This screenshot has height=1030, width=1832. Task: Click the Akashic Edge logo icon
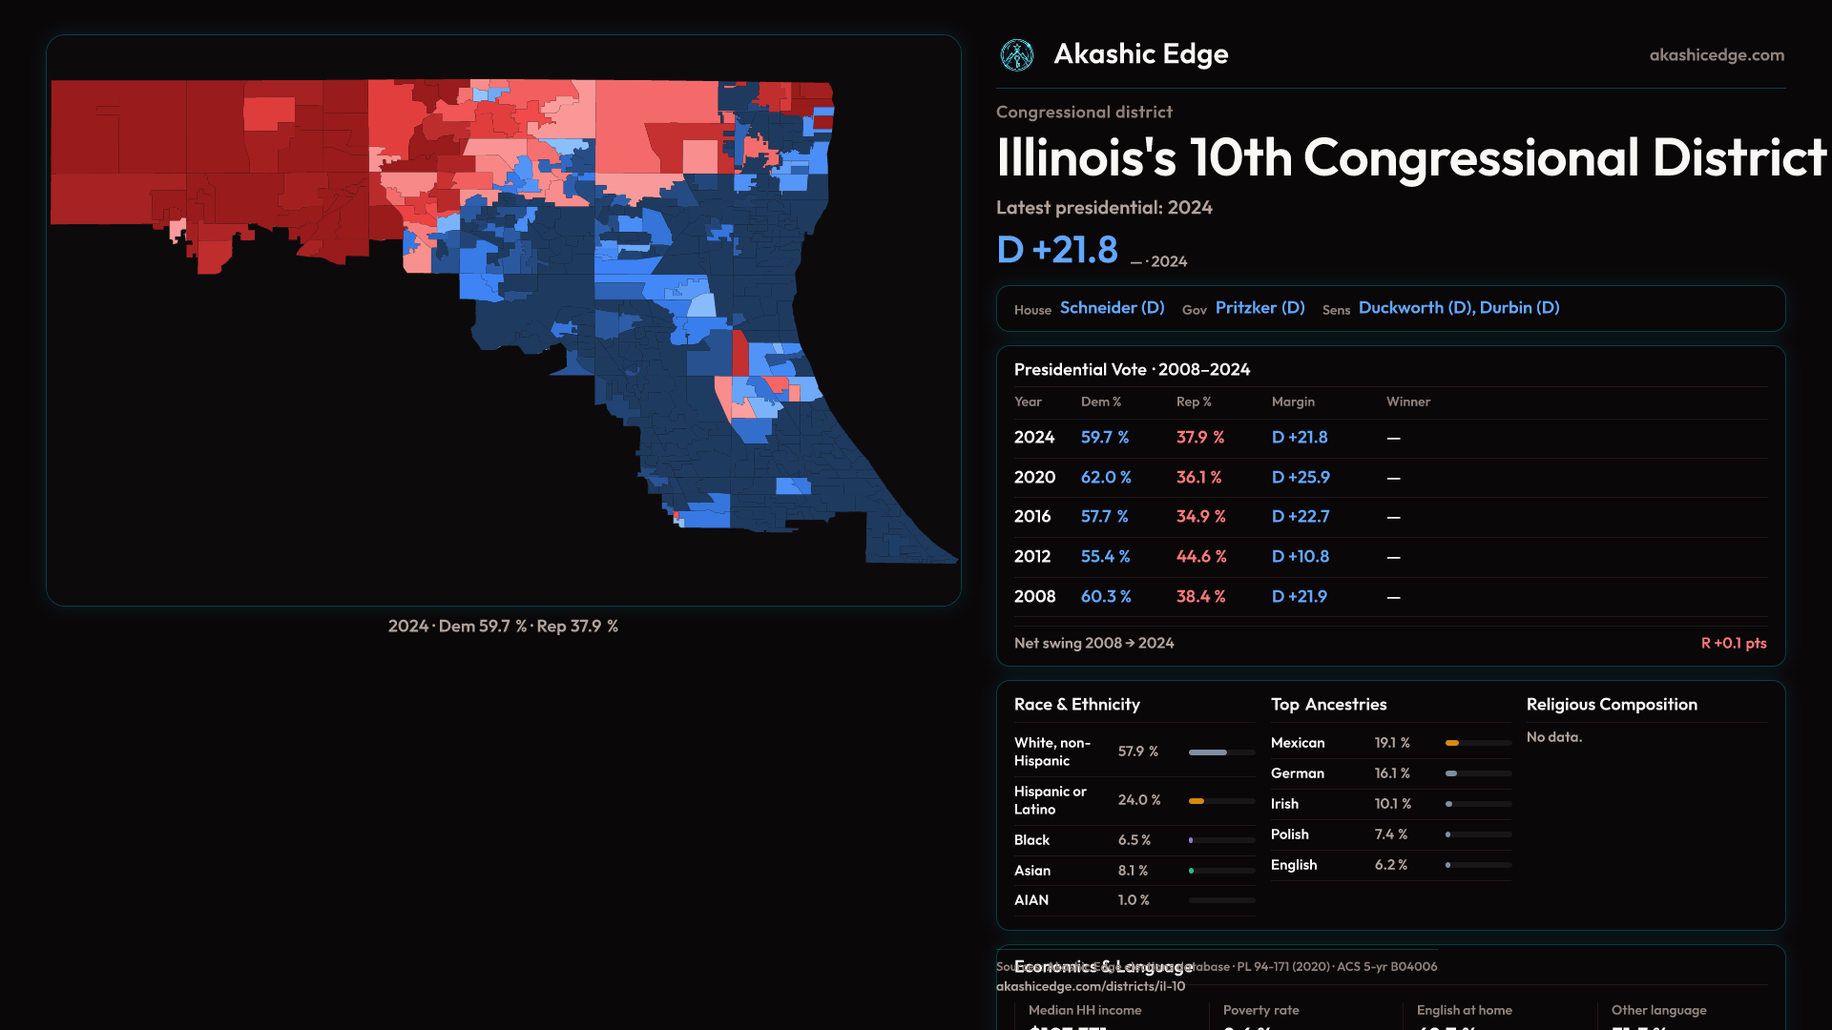(1017, 55)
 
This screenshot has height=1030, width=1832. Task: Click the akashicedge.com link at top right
(1717, 55)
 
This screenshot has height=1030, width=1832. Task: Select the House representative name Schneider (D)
(1112, 308)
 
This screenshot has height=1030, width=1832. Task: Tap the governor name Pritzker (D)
(1259, 308)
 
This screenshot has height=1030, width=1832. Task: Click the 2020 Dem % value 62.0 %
(1106, 477)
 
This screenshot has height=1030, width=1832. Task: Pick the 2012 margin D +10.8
(1300, 556)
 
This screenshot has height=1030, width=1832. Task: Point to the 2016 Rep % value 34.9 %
(1200, 516)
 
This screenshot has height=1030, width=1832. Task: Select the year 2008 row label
(1034, 596)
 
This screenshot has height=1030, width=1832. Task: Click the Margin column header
(1293, 402)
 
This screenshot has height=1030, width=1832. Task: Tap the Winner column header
(1407, 402)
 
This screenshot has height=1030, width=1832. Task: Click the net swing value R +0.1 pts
(1733, 643)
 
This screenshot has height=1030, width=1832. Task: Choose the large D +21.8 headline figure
(1057, 250)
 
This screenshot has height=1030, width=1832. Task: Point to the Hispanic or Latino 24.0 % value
(1139, 800)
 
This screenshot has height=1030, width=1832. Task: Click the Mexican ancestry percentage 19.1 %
(1392, 743)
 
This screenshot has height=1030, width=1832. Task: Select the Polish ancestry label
(1289, 834)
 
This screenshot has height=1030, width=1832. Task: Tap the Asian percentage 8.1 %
(1133, 871)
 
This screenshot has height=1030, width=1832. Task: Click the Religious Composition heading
(1612, 705)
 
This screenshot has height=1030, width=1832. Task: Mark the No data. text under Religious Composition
(1553, 737)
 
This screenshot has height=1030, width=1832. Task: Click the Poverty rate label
(1260, 1010)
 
